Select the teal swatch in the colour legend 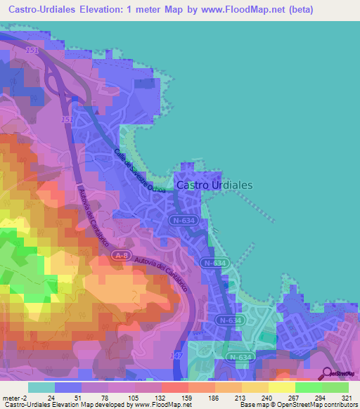point(41,387)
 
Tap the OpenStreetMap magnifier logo point(328,373)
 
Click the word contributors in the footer point(337,405)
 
